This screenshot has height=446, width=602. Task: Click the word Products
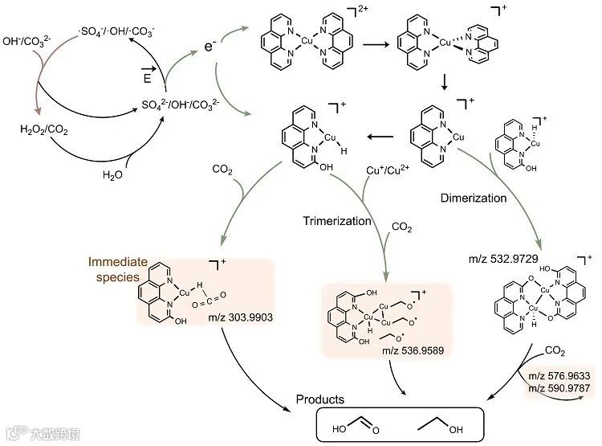[320, 399]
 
